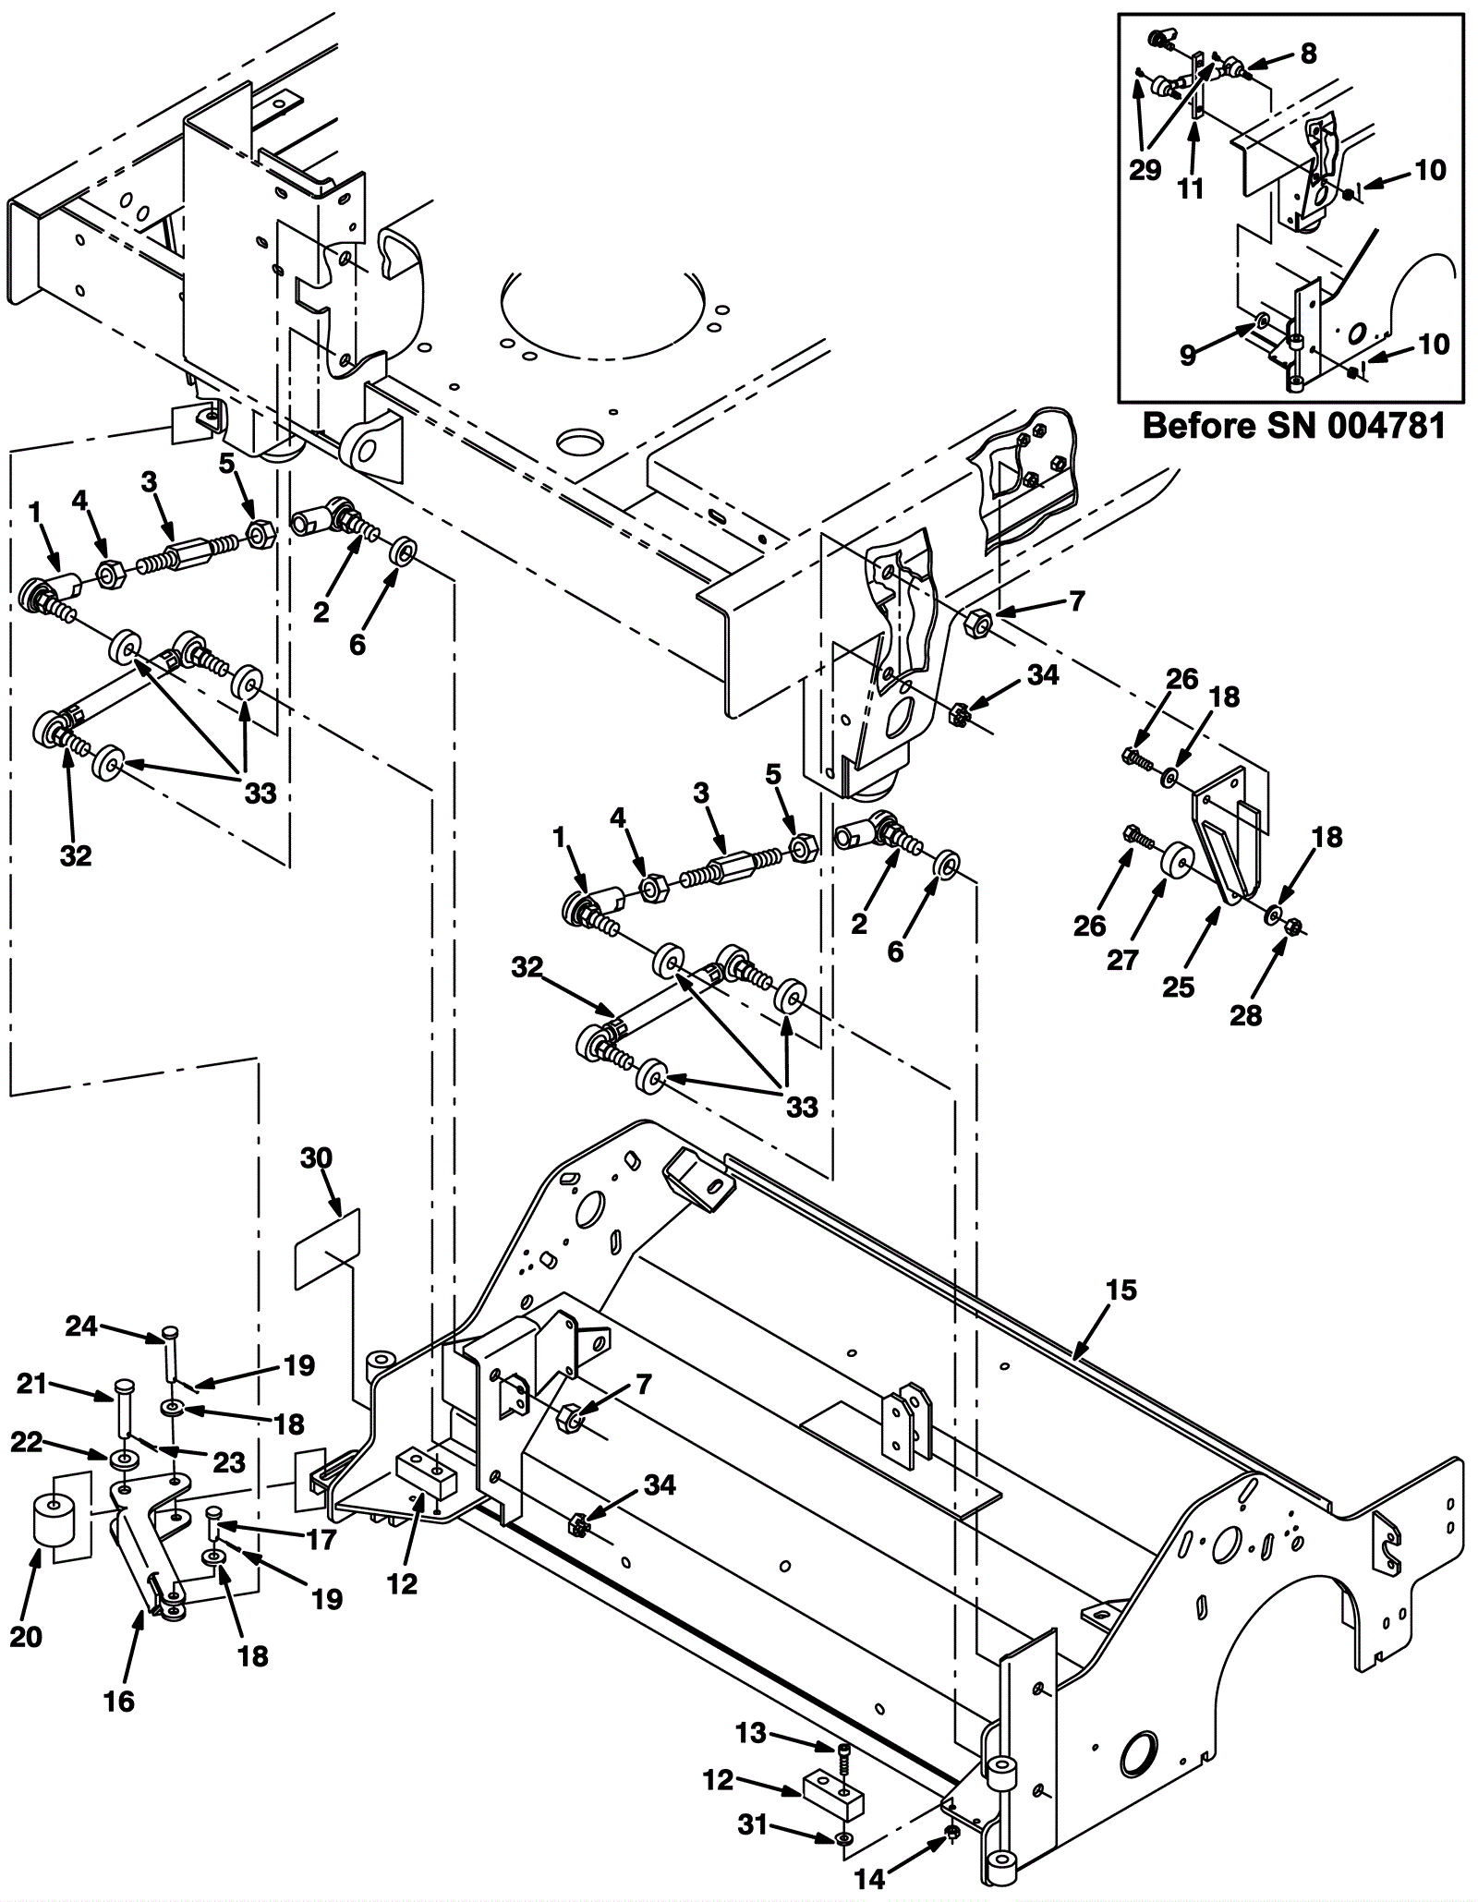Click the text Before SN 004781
pos(1293,427)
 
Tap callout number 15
pos(1121,1290)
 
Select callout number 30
pos(316,1158)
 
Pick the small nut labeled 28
pos(1293,925)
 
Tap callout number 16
pos(120,1700)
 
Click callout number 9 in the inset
pos(1189,355)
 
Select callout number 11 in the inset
pos(1191,188)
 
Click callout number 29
pos(1145,171)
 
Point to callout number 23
pos(228,1461)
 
